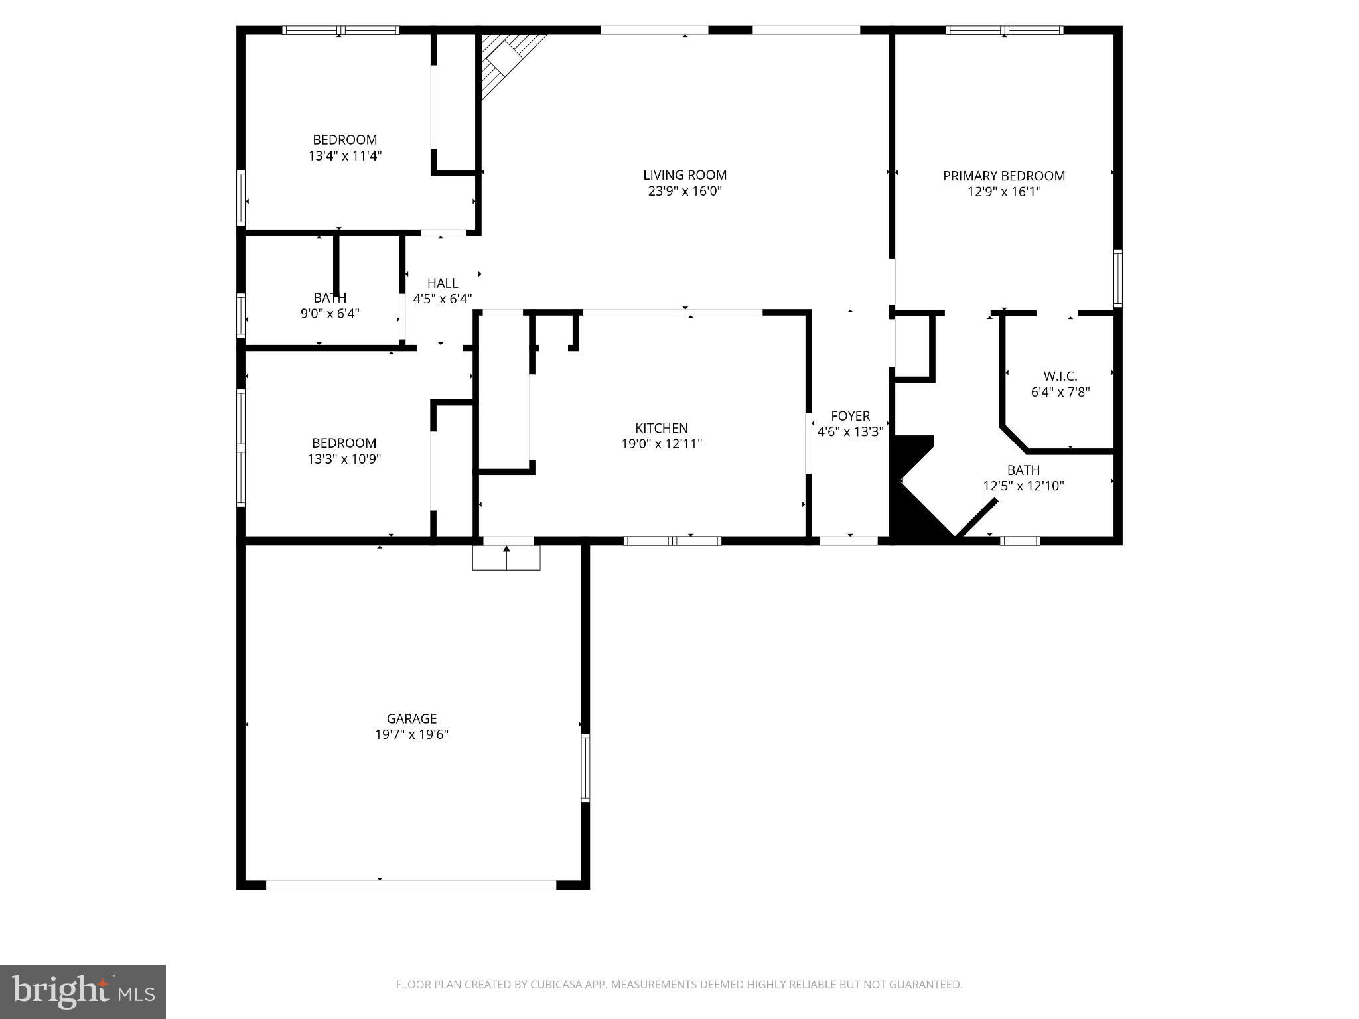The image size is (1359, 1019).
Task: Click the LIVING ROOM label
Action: tap(685, 175)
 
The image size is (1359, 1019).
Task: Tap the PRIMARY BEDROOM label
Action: tap(1003, 176)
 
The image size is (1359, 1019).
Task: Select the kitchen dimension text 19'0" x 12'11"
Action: tap(661, 444)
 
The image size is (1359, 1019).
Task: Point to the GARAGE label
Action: tap(411, 718)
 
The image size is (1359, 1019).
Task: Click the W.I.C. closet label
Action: tap(1060, 376)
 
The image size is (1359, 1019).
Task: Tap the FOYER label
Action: tap(850, 416)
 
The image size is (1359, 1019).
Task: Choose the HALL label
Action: tap(443, 283)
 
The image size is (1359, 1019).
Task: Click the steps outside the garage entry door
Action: tap(506, 557)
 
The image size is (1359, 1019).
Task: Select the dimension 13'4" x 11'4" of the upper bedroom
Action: tap(345, 156)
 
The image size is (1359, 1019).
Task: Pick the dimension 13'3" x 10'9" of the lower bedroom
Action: tap(344, 459)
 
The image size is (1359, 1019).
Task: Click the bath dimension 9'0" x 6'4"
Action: tap(330, 314)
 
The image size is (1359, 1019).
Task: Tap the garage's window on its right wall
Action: tap(585, 768)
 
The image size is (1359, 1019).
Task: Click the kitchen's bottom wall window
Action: tap(672, 541)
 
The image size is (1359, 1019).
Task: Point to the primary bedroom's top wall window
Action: tap(1004, 30)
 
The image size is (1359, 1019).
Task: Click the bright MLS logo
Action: tap(83, 991)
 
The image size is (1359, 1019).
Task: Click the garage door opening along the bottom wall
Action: tap(411, 884)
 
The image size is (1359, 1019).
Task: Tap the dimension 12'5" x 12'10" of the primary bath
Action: tap(1023, 486)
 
